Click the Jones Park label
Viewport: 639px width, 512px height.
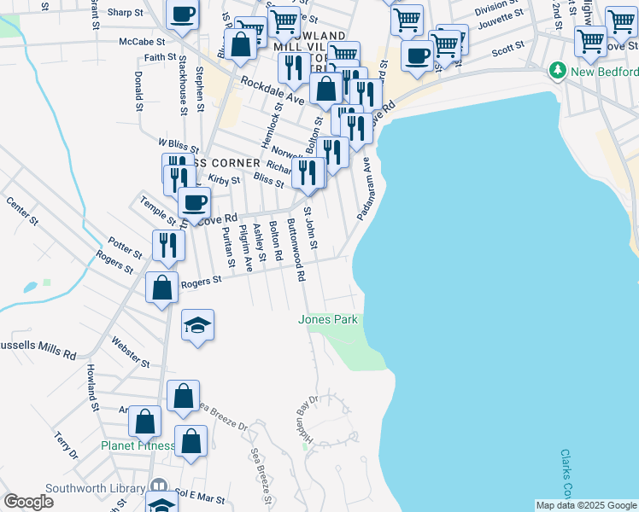(327, 320)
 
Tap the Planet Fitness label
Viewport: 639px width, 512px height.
(137, 445)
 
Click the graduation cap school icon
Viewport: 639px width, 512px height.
(197, 325)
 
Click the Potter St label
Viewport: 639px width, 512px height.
(125, 248)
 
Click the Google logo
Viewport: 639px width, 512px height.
(28, 502)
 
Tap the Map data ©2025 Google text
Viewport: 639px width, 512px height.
(586, 505)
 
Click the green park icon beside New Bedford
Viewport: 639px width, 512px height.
(559, 68)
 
